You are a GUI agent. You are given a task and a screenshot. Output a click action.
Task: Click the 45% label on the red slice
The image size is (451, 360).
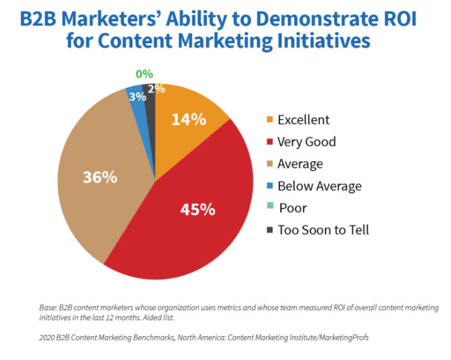tap(198, 209)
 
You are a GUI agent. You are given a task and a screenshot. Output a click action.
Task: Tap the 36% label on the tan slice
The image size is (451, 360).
tap(100, 177)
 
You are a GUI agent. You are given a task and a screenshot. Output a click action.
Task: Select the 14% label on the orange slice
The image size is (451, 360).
tap(189, 119)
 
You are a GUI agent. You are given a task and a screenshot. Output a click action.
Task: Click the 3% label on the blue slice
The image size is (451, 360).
tap(137, 97)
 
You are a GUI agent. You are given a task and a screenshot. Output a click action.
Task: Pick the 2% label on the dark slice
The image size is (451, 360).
tap(156, 89)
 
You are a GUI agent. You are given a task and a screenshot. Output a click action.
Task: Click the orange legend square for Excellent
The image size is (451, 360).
tap(270, 120)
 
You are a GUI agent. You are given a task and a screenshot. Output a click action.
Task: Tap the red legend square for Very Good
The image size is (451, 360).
tap(270, 142)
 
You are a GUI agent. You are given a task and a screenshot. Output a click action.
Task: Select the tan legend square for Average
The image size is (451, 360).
tap(270, 164)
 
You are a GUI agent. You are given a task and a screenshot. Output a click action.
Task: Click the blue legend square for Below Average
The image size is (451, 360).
tap(270, 186)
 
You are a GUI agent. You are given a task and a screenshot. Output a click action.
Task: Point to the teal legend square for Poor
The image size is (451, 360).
tap(270, 208)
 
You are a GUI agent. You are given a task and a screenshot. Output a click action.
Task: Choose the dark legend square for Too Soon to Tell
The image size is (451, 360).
tap(270, 230)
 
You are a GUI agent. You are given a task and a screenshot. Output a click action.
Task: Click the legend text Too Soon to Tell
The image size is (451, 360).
tap(323, 230)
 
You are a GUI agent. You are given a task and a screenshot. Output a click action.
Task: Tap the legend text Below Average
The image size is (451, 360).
tap(319, 186)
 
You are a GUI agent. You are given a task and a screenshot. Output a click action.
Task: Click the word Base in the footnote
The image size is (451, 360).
tap(47, 308)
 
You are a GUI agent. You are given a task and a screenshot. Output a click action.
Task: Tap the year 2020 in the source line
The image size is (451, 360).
tap(48, 339)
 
